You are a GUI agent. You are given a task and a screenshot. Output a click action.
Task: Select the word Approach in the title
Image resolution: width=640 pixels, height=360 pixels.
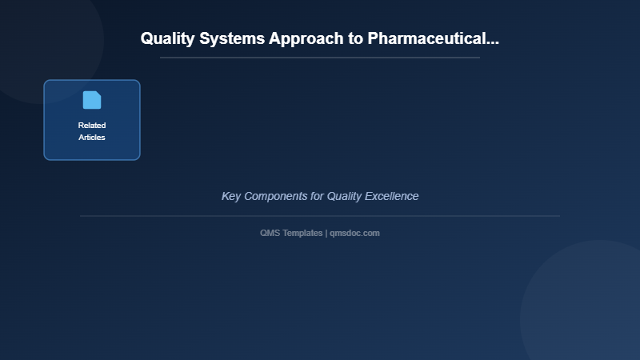(306, 38)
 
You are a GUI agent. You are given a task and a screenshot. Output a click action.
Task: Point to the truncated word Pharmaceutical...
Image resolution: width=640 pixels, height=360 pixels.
(433, 38)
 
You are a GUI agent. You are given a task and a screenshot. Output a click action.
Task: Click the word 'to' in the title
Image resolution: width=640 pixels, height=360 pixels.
(354, 38)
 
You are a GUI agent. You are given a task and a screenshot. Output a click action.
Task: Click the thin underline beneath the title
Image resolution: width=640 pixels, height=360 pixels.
(320, 58)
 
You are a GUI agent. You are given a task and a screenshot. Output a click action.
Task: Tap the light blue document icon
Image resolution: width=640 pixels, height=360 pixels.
(92, 100)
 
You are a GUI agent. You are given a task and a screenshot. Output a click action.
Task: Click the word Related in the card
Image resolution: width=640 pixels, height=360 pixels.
(92, 126)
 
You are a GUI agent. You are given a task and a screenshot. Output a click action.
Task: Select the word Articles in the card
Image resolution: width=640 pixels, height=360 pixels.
(92, 138)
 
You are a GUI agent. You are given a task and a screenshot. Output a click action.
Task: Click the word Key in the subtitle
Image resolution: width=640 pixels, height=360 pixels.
(230, 196)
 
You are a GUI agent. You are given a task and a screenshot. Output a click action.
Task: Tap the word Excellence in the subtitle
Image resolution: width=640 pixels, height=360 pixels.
(393, 196)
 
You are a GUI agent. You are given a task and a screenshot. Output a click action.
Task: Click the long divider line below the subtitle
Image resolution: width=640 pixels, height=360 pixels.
(320, 216)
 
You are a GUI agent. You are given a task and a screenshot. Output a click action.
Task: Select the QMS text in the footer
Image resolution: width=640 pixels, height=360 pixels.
(270, 233)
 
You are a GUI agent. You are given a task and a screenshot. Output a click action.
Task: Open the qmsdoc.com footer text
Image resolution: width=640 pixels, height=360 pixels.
(354, 233)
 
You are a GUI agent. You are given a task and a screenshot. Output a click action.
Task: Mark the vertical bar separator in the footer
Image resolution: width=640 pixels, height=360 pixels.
(326, 233)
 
